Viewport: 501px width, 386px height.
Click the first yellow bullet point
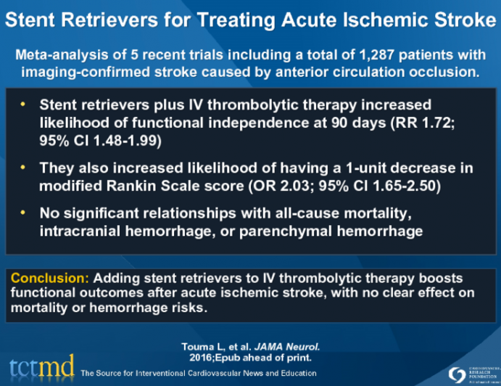(25, 105)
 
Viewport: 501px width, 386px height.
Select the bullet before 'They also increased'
(25, 168)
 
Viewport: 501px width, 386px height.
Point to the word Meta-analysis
(64, 55)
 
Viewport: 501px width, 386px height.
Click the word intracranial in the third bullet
(75, 231)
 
